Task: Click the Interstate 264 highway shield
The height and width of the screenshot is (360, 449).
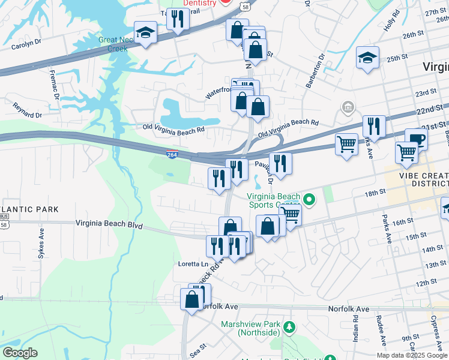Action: click(172, 155)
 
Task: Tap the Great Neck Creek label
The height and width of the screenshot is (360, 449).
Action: click(117, 44)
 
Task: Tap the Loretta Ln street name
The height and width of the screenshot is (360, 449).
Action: click(192, 264)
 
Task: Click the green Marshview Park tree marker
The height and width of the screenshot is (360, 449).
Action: click(289, 328)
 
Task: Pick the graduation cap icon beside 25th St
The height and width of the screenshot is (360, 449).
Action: click(367, 58)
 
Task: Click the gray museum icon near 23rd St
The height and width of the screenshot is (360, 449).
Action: click(347, 107)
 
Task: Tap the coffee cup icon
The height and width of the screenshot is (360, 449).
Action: click(416, 139)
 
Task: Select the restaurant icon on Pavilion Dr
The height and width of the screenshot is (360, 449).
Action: click(280, 163)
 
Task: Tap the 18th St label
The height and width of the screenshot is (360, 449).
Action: click(374, 193)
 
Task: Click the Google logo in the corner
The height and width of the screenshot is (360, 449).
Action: click(20, 353)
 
